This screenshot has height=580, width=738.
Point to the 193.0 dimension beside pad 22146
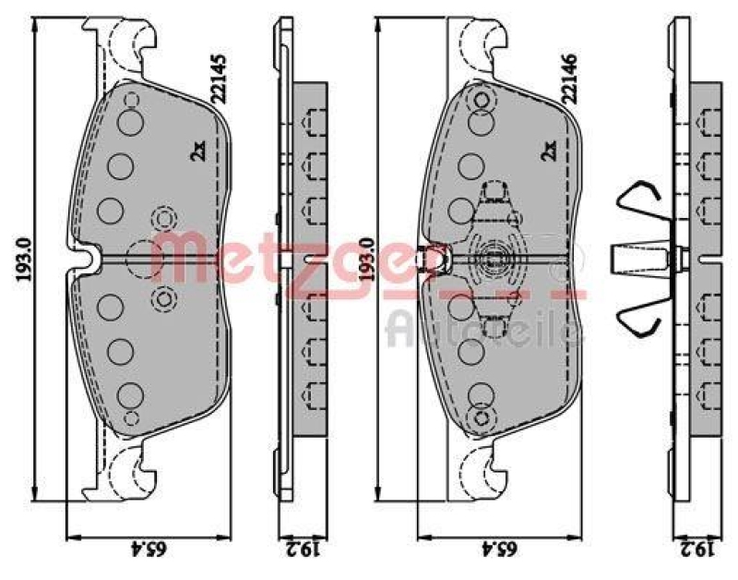pos(368,260)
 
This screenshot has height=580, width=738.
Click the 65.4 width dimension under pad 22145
pos(154,550)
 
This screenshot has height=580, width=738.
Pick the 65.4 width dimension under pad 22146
pos(504,550)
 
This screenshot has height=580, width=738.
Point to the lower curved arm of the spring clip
pos(636,320)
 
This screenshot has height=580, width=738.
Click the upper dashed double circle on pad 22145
pos(165,219)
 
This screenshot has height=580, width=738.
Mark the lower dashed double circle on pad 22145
pos(165,298)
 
